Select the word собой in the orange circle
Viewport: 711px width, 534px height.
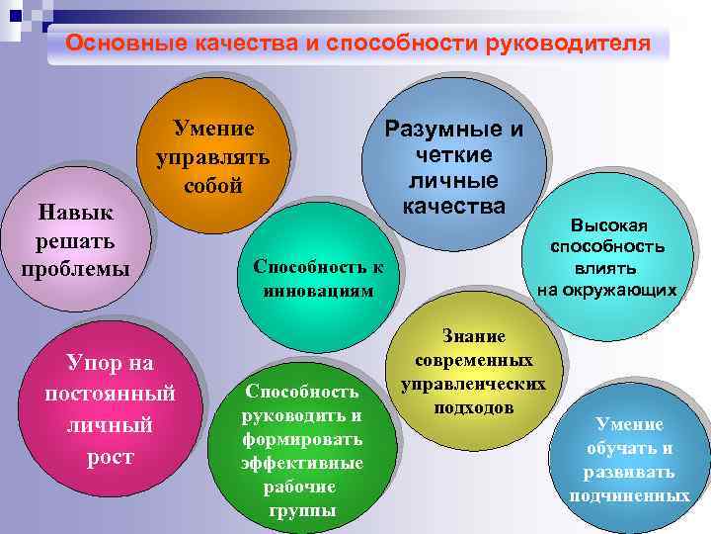pyautogui.click(x=212, y=186)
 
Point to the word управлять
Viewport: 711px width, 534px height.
pyautogui.click(x=212, y=157)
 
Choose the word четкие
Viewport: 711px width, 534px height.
pyautogui.click(x=453, y=155)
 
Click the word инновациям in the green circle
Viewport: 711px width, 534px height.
pyautogui.click(x=318, y=292)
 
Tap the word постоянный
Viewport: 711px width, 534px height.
pyautogui.click(x=110, y=394)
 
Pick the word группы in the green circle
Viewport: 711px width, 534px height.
pyautogui.click(x=302, y=510)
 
